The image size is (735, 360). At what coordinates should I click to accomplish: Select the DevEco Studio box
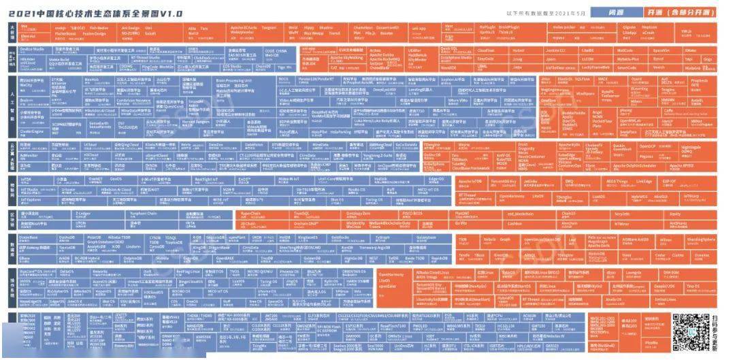click(x=31, y=50)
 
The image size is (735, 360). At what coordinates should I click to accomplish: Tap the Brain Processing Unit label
click(x=234, y=80)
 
